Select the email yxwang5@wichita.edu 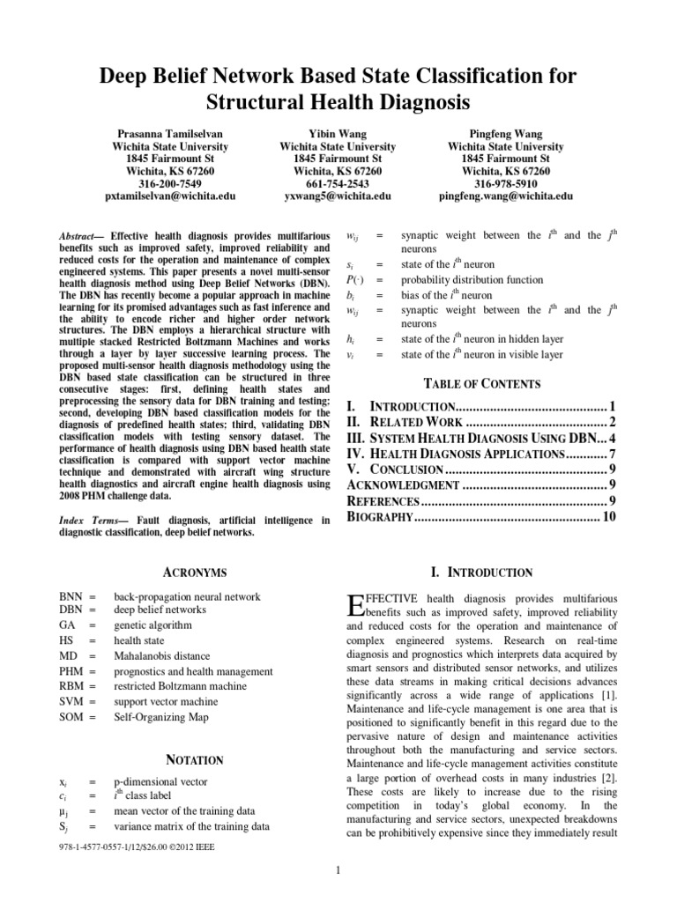(338, 196)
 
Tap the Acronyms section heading (196, 573)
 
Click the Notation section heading (196, 759)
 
